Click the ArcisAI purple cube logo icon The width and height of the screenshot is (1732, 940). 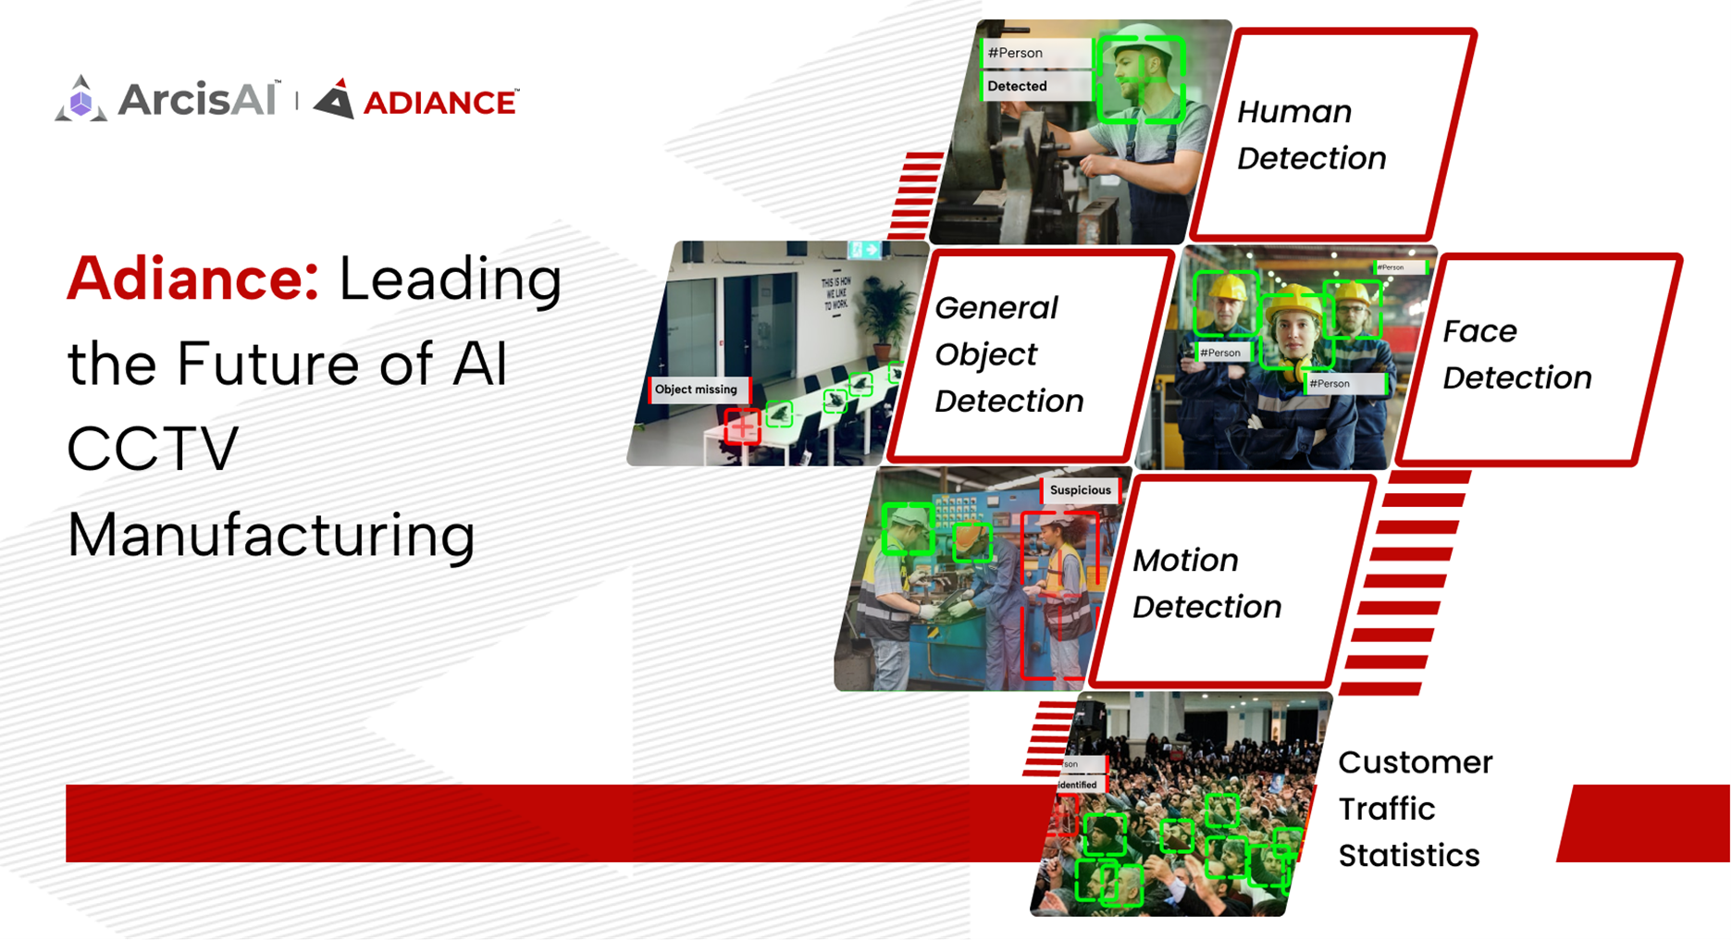tap(81, 100)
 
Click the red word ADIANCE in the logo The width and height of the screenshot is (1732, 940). tap(439, 103)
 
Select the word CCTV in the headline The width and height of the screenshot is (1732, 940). tap(154, 450)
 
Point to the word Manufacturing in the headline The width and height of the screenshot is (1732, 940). tap(271, 536)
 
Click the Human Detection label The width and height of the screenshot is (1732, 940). tap(1311, 135)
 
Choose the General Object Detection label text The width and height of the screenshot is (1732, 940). tap(1008, 354)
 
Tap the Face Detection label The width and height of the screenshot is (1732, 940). tap(1516, 354)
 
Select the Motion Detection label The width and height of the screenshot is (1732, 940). tap(1206, 584)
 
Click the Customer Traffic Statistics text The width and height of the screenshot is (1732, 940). tap(1415, 809)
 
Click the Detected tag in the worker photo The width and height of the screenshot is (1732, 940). tap(1018, 86)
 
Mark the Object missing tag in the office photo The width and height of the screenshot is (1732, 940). tap(696, 390)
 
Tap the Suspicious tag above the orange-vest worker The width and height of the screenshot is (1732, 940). tap(1080, 490)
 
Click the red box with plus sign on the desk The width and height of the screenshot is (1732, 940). tap(742, 427)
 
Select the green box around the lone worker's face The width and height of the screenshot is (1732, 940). tap(1140, 79)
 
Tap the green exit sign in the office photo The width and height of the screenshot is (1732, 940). tap(864, 250)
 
